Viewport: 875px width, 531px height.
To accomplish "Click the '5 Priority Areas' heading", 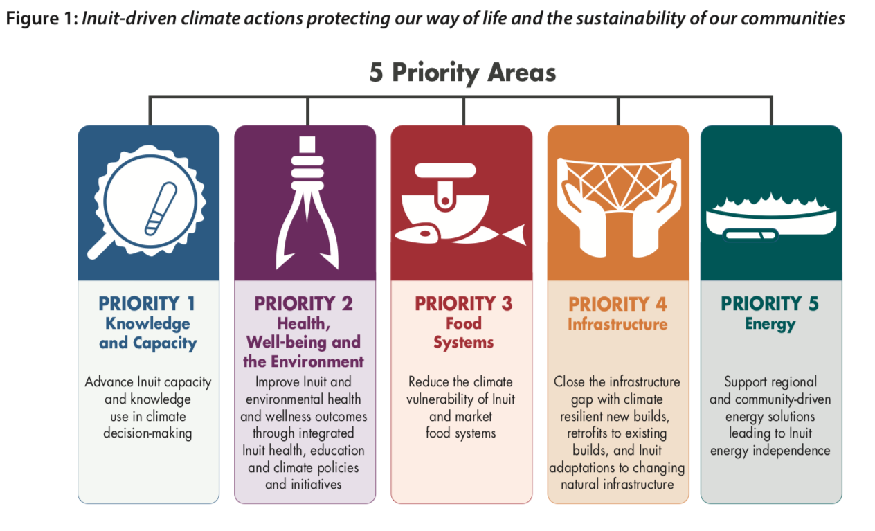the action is tap(462, 73).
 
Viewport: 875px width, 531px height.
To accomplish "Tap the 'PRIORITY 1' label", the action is tap(147, 304).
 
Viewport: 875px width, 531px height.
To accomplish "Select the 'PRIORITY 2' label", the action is tap(303, 304).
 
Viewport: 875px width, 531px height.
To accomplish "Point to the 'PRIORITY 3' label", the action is tap(463, 304).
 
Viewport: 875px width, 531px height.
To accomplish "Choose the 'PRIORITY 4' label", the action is tap(617, 305).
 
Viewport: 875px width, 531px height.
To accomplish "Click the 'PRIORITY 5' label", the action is tap(770, 304).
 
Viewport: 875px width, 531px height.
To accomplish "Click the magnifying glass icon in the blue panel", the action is tap(148, 201).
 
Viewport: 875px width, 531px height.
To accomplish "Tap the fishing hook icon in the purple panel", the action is tap(307, 202).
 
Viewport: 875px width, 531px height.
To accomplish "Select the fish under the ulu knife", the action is tap(460, 235).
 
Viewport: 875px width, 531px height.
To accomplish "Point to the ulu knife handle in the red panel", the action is tap(445, 170).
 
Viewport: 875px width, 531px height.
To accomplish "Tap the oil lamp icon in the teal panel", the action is tap(771, 217).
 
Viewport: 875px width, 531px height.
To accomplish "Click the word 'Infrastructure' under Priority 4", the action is tap(617, 324).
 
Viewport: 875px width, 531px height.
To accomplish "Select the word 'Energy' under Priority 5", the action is tap(770, 324).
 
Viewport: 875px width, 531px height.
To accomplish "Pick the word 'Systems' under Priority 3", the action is tap(464, 342).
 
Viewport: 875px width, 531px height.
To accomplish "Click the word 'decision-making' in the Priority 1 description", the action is tap(147, 433).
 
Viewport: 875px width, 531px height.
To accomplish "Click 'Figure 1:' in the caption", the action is tap(42, 19).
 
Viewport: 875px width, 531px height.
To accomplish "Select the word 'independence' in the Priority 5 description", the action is tap(791, 451).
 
